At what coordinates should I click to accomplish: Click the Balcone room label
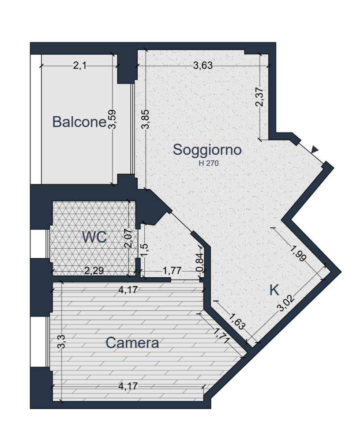pos(79,122)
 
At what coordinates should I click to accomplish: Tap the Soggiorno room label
pos(207,150)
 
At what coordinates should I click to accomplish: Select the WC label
pos(94,237)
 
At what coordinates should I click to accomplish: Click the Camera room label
pos(132,343)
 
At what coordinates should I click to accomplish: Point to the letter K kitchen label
pos(274,290)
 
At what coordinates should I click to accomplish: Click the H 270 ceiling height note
pos(209,163)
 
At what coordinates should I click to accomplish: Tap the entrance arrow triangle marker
pos(315,149)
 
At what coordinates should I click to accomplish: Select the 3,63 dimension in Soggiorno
pos(203,66)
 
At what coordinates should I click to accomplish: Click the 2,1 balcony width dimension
pos(79,66)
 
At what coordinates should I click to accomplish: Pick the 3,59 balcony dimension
pos(112,119)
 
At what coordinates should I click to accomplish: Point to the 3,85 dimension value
pos(146,119)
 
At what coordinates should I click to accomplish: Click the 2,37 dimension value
pos(259,97)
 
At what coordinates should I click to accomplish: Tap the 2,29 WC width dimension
pos(94,270)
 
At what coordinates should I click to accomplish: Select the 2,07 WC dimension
pos(128,238)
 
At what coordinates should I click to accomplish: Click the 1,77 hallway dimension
pos(172,270)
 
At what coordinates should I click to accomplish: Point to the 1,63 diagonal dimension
pos(237,321)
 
